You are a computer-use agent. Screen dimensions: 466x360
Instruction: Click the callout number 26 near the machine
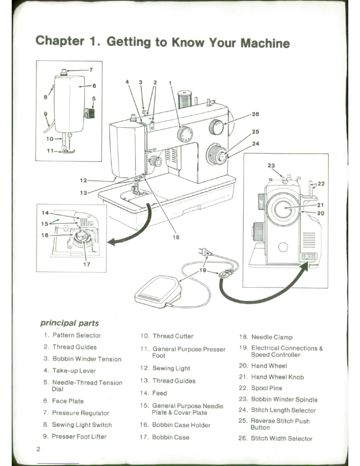(x=255, y=114)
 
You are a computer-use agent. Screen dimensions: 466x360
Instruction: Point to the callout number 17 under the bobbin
(x=86, y=264)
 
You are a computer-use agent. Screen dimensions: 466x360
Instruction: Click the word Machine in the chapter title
(x=265, y=43)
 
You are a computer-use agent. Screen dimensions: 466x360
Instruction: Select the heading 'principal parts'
(x=69, y=323)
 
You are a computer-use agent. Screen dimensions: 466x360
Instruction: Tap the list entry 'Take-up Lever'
(x=74, y=371)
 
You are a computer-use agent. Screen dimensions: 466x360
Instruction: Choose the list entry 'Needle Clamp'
(x=272, y=337)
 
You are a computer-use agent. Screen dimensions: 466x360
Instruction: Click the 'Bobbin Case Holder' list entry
(x=181, y=425)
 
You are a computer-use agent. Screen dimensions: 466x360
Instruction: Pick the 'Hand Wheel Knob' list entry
(x=277, y=377)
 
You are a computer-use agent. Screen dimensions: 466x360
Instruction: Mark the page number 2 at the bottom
(x=38, y=449)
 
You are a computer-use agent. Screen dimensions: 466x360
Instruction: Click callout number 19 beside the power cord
(x=203, y=270)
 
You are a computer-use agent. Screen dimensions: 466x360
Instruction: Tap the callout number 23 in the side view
(x=271, y=166)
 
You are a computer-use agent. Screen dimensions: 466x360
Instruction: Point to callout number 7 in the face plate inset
(x=91, y=70)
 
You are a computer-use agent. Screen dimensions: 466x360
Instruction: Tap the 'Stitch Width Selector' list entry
(x=281, y=439)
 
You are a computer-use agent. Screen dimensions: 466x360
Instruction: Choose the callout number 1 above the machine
(x=170, y=83)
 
